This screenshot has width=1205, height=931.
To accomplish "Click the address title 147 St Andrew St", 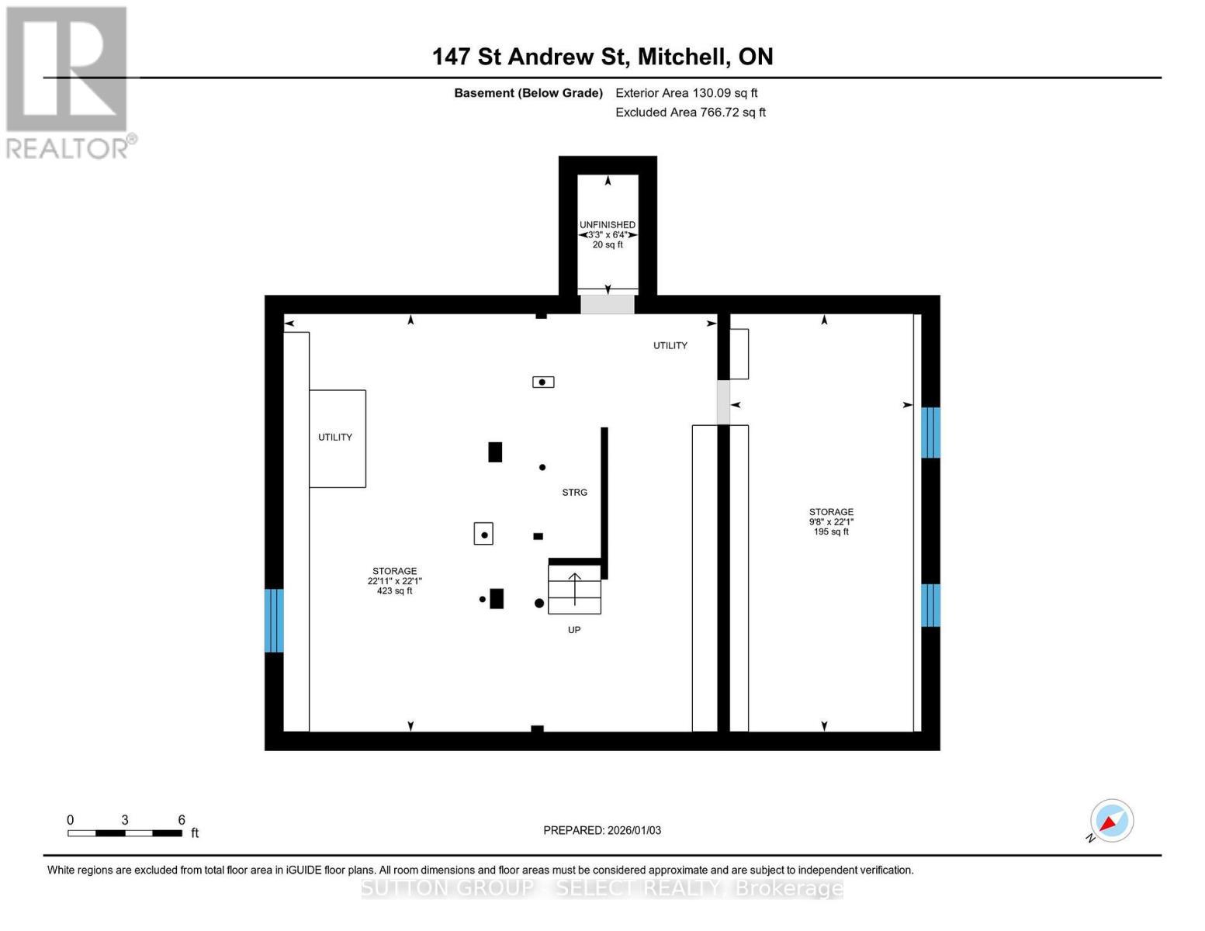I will point(602,57).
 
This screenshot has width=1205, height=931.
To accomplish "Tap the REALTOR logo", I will point(68,82).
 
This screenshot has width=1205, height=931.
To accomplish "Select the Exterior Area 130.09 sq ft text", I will point(686,93).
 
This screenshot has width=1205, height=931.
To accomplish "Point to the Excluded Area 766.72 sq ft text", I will point(690,112).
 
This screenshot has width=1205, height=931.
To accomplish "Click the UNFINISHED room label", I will point(608,225).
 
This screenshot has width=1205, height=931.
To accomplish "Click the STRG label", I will point(574,493).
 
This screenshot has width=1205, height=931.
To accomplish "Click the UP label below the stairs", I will point(574,630).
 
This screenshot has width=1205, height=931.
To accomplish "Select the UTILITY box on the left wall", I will point(337,438).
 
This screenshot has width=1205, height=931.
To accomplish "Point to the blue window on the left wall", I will point(274,621).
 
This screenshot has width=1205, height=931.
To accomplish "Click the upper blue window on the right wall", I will point(930,433).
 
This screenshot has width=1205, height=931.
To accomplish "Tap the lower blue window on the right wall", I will point(930,605).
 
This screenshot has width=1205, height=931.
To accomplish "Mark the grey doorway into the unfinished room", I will point(608,305).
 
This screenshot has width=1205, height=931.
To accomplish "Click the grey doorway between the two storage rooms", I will point(723,402).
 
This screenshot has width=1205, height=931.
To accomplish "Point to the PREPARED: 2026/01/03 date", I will point(602,830).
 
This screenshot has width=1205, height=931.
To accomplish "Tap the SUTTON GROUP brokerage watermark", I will point(602,888).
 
